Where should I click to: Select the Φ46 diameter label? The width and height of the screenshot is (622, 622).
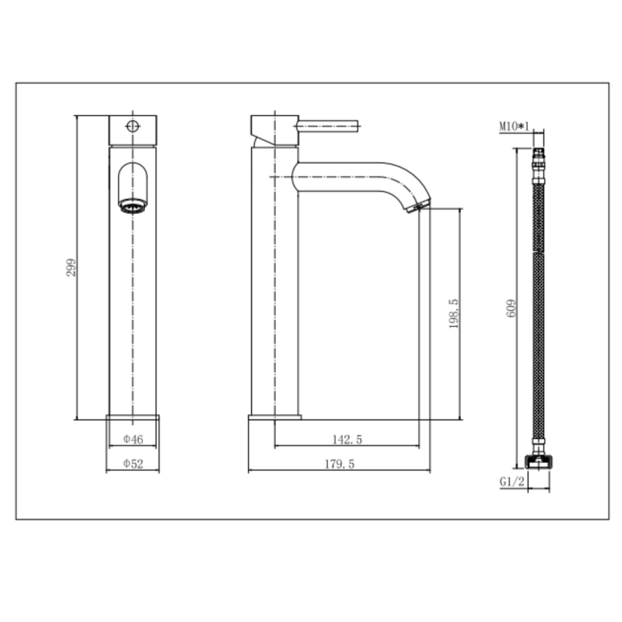tap(133, 439)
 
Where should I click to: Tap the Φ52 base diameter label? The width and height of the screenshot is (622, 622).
tap(133, 464)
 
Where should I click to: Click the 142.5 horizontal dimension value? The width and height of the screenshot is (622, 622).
tap(348, 439)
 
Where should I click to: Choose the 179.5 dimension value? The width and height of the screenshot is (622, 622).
tap(339, 464)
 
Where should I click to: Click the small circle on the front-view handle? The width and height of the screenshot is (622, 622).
tap(133, 126)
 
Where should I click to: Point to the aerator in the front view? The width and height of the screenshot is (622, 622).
tap(133, 205)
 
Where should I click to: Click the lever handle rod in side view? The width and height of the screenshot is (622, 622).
tap(328, 126)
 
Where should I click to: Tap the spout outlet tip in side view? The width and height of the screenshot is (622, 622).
tap(419, 205)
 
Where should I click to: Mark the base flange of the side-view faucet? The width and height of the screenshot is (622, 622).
tap(275, 417)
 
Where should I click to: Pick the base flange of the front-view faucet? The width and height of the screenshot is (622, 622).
tap(133, 417)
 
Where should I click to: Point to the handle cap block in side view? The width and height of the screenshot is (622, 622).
tap(274, 130)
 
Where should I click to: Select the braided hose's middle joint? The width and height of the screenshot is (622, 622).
tap(538, 254)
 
